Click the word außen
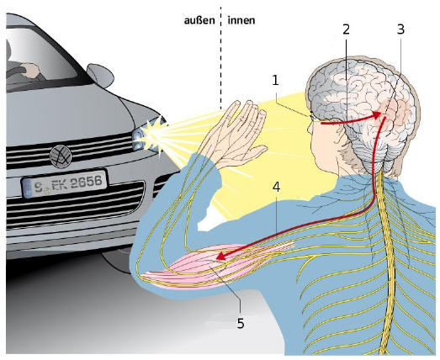(x=199, y=20)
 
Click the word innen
(x=241, y=20)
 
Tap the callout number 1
(x=276, y=81)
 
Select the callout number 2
(x=347, y=29)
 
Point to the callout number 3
(x=400, y=29)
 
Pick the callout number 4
(x=277, y=188)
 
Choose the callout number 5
(x=241, y=323)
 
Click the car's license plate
(x=65, y=183)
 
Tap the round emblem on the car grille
(x=61, y=156)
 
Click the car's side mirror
(x=100, y=75)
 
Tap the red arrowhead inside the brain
(x=377, y=115)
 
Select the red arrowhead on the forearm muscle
(x=222, y=256)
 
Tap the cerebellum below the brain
(x=371, y=153)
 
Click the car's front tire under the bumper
(x=115, y=261)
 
